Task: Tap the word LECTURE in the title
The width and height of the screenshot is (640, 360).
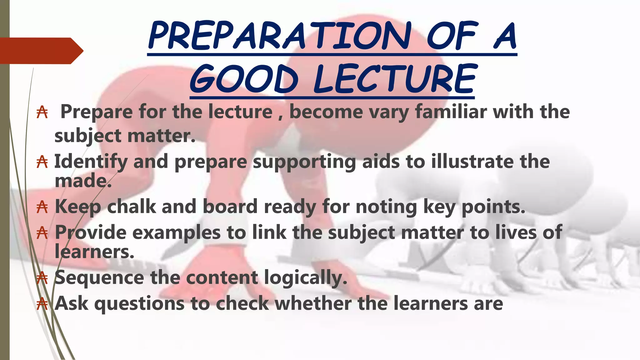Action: pyautogui.click(x=395, y=79)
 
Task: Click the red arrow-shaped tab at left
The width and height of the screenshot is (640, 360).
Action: pyautogui.click(x=41, y=51)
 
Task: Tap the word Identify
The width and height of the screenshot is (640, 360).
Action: pyautogui.click(x=91, y=162)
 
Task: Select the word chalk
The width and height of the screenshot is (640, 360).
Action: pyautogui.click(x=131, y=207)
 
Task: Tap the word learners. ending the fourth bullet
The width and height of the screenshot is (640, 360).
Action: pyautogui.click(x=94, y=252)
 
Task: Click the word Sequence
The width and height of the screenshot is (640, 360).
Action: pyautogui.click(x=99, y=278)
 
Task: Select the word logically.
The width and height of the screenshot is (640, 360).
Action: pyautogui.click(x=305, y=278)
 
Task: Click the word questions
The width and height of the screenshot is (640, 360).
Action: pyautogui.click(x=139, y=304)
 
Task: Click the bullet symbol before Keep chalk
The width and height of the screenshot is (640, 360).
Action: pyautogui.click(x=42, y=207)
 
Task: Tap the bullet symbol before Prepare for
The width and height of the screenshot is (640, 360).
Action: pyautogui.click(x=42, y=112)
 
